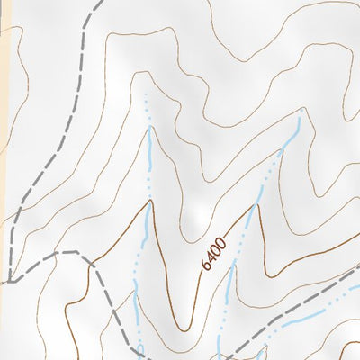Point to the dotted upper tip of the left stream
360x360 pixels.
coord(145,94)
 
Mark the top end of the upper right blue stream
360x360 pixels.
coord(298,117)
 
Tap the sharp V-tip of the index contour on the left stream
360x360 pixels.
coord(149,202)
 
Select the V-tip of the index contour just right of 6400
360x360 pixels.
coord(256,204)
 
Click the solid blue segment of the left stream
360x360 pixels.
coord(148,148)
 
